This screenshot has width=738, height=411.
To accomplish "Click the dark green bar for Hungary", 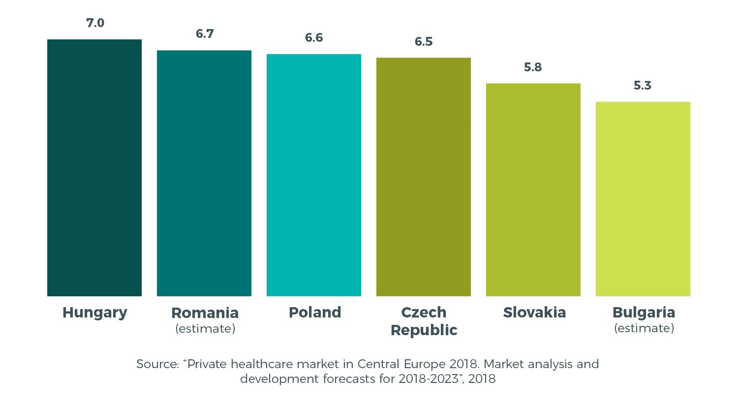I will pos(94,167).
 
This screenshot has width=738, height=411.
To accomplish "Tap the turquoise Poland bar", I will pos(314,175).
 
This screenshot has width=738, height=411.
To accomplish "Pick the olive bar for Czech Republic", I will pos(424,177).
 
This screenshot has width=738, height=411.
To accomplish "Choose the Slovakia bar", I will pos(533,190).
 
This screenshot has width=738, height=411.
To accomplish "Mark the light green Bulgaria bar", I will pos(643,199).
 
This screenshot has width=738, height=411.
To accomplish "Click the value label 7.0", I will pos(95,23).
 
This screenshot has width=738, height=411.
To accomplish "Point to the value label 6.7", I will pos(205,34).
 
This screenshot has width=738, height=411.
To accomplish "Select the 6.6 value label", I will pos(314,38).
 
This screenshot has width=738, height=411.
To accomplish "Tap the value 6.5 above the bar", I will pos(424,42).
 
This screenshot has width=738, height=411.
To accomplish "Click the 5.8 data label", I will pos(533,67).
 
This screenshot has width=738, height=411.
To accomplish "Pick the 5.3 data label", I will pos(643,86).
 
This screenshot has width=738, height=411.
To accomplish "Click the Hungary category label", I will pos(95,313).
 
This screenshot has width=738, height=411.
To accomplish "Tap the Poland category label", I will pos(315,313).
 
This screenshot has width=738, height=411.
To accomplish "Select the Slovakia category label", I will pos(534,313).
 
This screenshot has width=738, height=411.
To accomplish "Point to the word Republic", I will pos(424,330).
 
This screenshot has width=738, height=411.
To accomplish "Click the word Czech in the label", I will pos(424,313).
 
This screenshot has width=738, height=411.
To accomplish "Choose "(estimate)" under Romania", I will pos(205,329).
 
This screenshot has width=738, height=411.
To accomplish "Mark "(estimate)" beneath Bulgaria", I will pos(644,328).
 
